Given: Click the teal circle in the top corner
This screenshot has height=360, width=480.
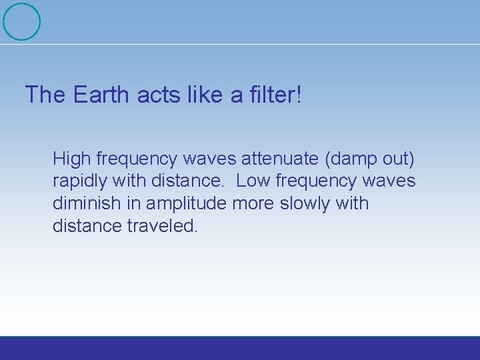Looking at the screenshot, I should click(21, 21).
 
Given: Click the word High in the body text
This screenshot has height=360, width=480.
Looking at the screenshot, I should click(72, 159).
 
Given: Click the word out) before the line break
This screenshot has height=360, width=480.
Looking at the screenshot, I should click(399, 159).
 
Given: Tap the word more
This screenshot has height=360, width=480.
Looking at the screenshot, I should click(254, 203).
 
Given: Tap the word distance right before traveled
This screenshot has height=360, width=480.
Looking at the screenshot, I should click(87, 226).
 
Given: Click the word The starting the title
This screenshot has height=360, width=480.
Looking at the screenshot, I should click(45, 95).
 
